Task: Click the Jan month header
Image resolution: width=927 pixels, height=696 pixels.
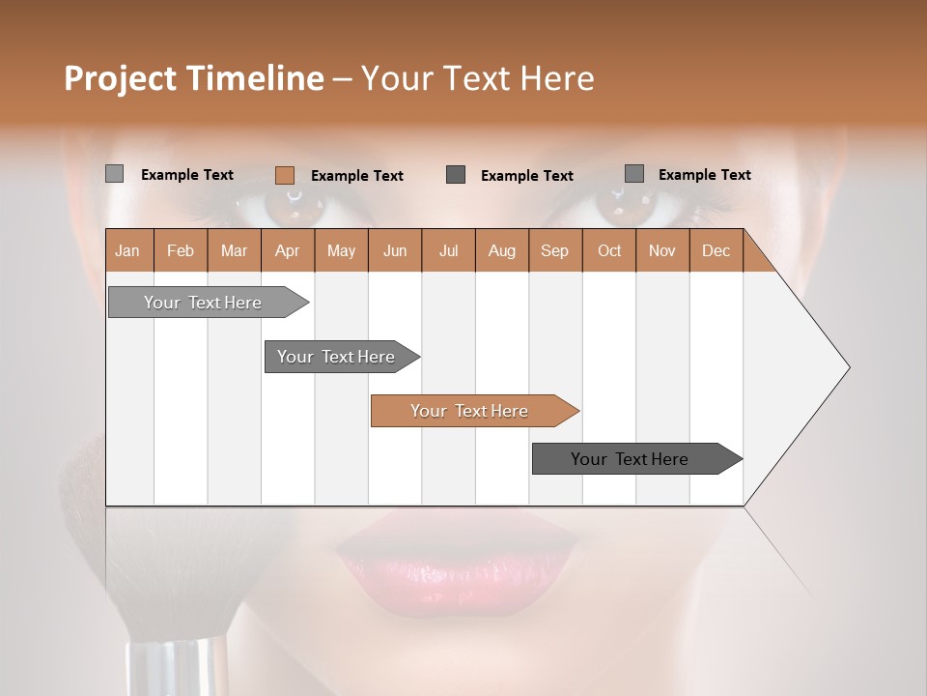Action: (x=128, y=250)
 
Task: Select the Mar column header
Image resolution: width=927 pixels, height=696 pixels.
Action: (x=234, y=250)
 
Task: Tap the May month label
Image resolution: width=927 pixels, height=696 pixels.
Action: (x=341, y=250)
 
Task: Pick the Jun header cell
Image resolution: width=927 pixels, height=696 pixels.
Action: (x=395, y=250)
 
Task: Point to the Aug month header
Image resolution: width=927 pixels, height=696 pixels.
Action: (x=501, y=250)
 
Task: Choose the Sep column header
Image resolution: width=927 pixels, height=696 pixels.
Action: (x=554, y=250)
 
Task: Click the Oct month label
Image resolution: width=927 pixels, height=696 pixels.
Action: (x=609, y=250)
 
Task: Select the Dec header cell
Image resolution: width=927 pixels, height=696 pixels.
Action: (x=716, y=250)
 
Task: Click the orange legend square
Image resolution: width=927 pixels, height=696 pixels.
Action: (x=285, y=175)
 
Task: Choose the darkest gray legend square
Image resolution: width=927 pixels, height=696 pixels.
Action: (x=456, y=174)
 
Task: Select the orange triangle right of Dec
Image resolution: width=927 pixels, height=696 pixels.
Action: (x=758, y=258)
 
